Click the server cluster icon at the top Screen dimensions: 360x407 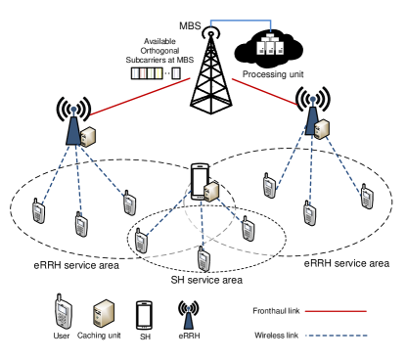tap(270, 45)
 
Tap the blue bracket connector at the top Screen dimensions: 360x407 tap(240, 21)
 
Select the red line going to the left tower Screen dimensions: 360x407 tap(140, 96)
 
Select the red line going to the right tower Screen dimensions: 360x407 tap(263, 91)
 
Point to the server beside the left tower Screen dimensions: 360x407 tap(88, 137)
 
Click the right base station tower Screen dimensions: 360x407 tap(312, 114)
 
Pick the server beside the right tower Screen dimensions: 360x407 tap(322, 129)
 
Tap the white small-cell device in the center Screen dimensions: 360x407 tap(200, 182)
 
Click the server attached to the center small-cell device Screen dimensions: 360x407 tap(211, 192)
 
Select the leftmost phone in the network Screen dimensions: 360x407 tap(38, 211)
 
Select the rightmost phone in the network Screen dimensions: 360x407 tap(367, 198)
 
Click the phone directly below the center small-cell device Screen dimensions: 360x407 tap(203, 259)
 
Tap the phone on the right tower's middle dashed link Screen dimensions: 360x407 tap(309, 213)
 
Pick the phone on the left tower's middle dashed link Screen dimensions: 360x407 tap(81, 225)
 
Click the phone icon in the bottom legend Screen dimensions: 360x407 tap(64, 313)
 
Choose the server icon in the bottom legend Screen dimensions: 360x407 tap(104, 314)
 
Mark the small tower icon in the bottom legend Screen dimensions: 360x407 tap(189, 318)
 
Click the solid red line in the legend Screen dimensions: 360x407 tap(336, 311)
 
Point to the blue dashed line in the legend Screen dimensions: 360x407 tap(336, 336)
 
